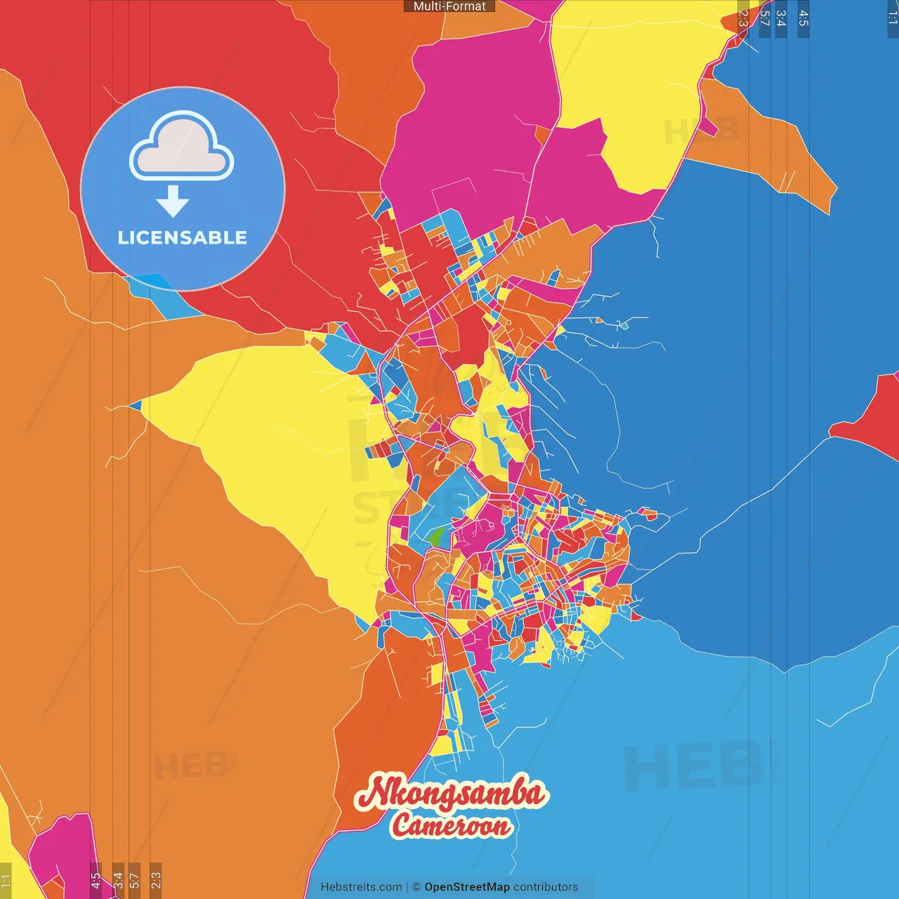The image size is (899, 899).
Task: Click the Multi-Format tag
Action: click(x=449, y=6)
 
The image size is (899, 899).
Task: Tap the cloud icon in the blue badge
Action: click(x=182, y=146)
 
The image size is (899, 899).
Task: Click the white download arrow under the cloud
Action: click(x=173, y=201)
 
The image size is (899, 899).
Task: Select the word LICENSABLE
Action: click(x=183, y=237)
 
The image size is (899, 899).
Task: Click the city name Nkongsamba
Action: click(x=451, y=793)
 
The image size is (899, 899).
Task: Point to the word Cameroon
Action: click(x=451, y=825)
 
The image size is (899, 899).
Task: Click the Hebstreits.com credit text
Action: click(x=361, y=887)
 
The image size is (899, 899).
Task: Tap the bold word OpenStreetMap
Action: click(x=466, y=887)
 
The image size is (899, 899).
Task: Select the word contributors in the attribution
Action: click(x=546, y=887)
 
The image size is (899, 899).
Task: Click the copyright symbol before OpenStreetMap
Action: click(x=416, y=887)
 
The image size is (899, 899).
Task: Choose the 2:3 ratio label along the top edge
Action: click(x=743, y=18)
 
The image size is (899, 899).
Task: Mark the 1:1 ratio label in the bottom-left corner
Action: click(x=6, y=881)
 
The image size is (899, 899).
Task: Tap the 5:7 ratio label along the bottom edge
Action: click(x=134, y=879)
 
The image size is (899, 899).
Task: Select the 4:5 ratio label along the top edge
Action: click(x=803, y=18)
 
